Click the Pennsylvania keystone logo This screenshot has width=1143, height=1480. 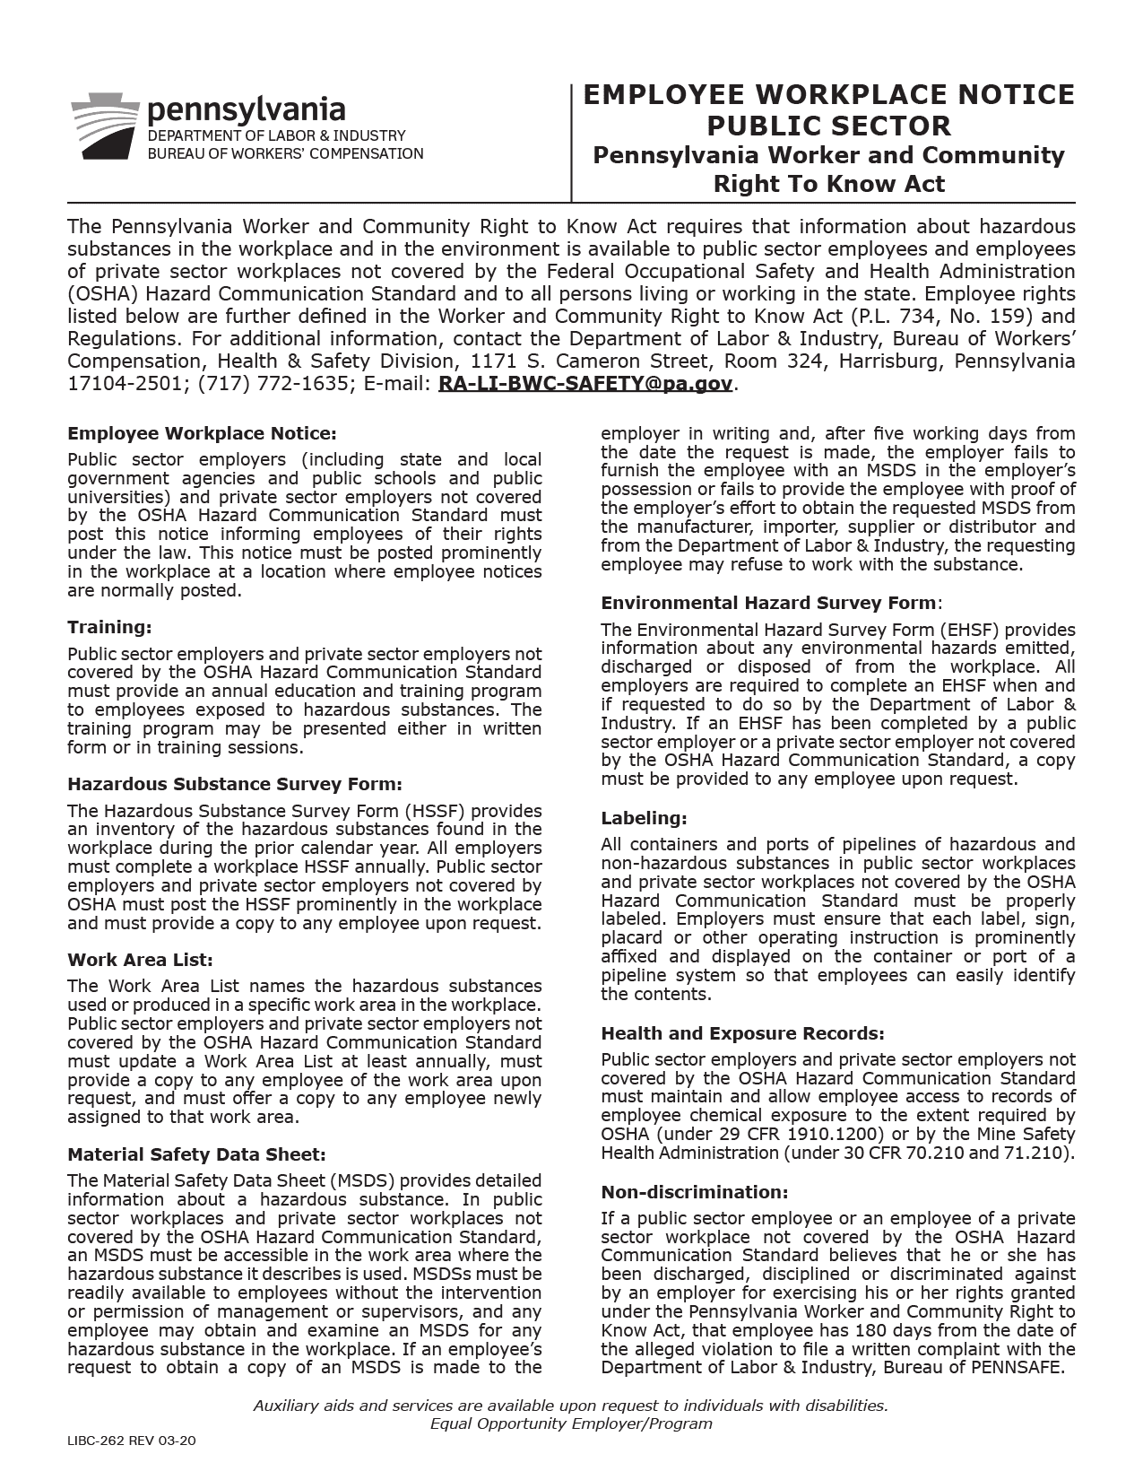(x=105, y=126)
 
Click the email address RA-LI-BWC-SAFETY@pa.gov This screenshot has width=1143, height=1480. (x=585, y=384)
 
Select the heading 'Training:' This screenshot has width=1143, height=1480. (x=109, y=627)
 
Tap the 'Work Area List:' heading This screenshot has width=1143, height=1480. (x=140, y=960)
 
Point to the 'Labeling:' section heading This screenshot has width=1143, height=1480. (x=644, y=818)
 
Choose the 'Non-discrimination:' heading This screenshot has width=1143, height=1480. (x=695, y=1192)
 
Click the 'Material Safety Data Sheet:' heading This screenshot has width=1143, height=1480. (x=196, y=1154)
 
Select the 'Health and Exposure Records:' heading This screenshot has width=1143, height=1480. (x=742, y=1033)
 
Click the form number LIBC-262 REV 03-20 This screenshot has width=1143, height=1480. (x=131, y=1441)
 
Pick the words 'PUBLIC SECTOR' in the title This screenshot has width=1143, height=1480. (x=828, y=126)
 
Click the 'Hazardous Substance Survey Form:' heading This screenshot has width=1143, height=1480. (x=235, y=784)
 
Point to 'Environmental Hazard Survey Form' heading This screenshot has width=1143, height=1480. (x=769, y=603)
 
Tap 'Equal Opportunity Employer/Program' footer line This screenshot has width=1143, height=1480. (x=571, y=1423)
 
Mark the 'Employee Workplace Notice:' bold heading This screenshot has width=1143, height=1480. (x=202, y=434)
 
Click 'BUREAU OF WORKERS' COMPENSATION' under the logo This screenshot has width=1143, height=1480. (x=285, y=153)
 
